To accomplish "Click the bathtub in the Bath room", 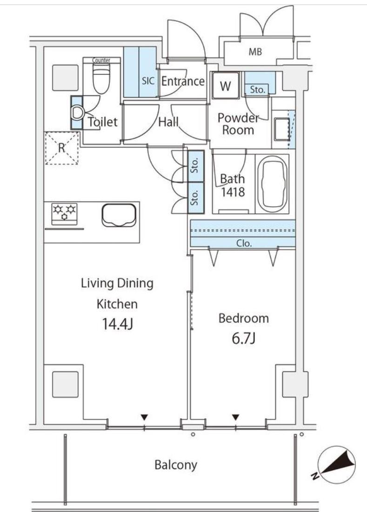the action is [x=273, y=184].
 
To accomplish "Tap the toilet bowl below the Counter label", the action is [x=101, y=79].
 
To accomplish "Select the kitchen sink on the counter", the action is [x=119, y=215].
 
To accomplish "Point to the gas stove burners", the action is [x=65, y=212].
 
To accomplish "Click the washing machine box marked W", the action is [x=225, y=85].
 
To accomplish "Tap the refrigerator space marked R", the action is [x=62, y=148].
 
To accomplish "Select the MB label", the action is [x=255, y=52].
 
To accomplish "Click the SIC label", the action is [x=148, y=81].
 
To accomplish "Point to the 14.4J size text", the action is [x=117, y=324].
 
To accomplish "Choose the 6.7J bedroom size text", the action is [x=243, y=339].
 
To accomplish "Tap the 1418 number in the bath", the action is [x=233, y=192].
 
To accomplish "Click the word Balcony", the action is [x=176, y=465].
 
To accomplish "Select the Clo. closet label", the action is [x=244, y=243].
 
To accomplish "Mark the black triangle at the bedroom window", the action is [x=236, y=417].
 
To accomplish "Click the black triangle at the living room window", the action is [x=145, y=417].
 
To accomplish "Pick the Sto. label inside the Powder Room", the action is [x=258, y=90].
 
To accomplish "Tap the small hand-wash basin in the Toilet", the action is [x=77, y=113].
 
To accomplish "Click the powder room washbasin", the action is [x=282, y=129].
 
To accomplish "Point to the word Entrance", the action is [x=183, y=81].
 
